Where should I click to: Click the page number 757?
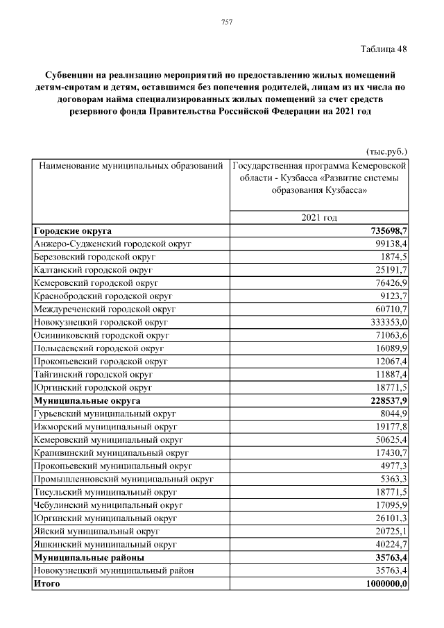click(x=226, y=22)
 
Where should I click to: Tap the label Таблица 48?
click(x=384, y=49)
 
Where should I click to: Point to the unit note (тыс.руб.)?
click(x=386, y=151)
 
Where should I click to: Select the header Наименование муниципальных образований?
click(x=130, y=167)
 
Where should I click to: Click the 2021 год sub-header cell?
click(x=319, y=218)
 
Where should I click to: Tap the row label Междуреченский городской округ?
click(x=104, y=309)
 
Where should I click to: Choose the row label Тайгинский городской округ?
click(x=93, y=375)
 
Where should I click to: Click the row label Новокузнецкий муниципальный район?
click(x=113, y=570)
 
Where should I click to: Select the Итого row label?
click(x=46, y=584)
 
